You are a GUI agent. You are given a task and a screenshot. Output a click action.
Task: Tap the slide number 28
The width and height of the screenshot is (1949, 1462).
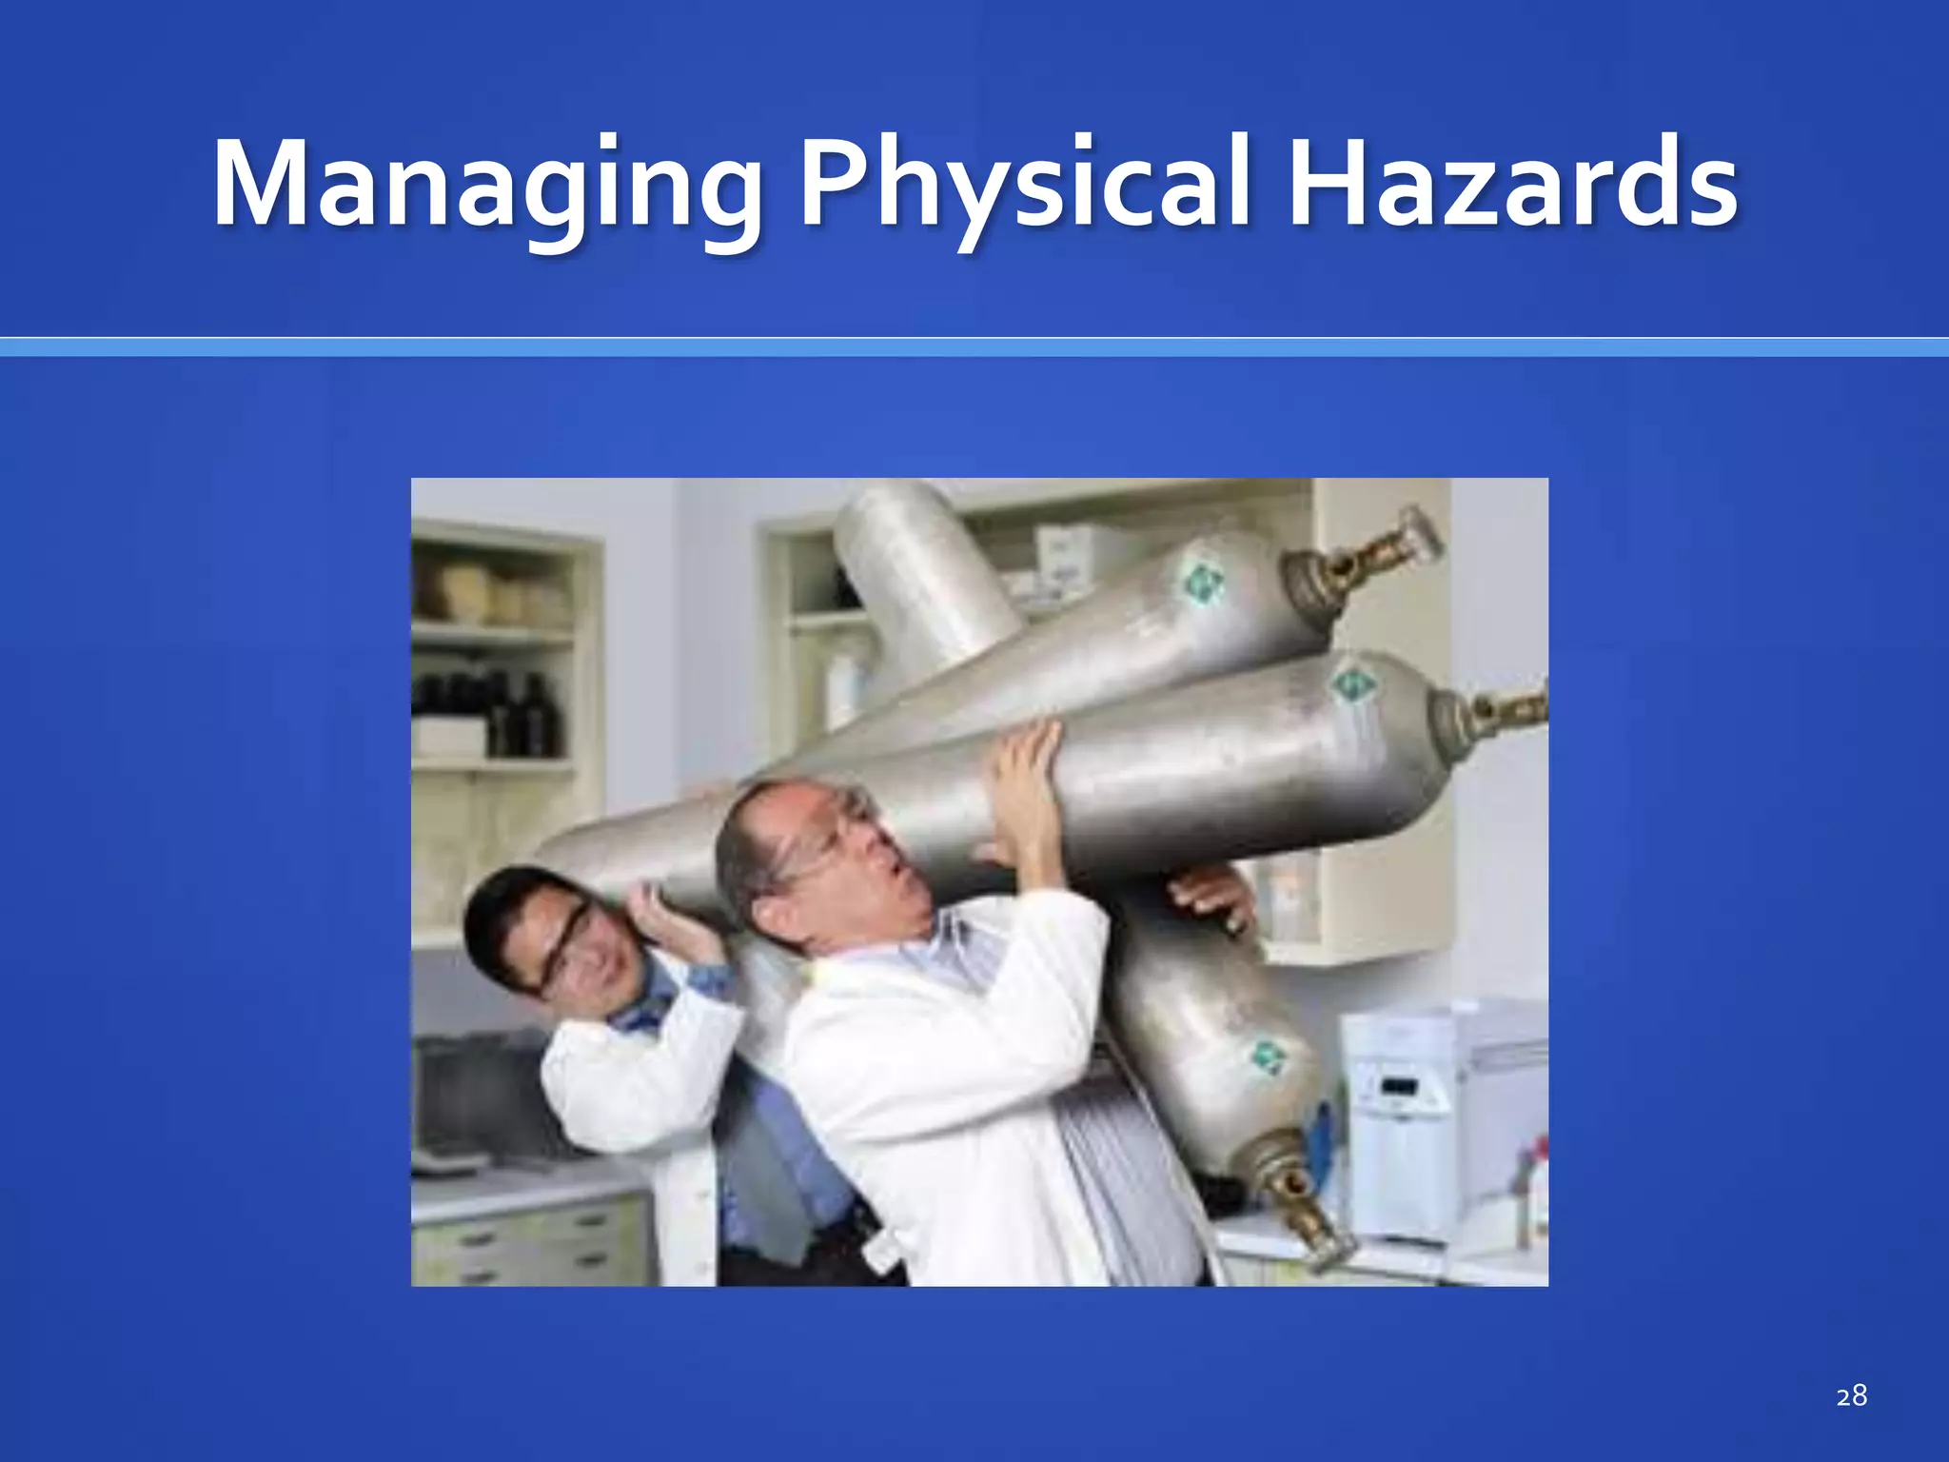[1851, 1396]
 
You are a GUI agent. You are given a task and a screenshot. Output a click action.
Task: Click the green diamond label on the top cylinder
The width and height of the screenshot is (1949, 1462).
[1200, 580]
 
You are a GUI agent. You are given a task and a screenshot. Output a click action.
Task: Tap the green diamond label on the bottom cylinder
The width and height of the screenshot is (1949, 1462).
[1267, 1056]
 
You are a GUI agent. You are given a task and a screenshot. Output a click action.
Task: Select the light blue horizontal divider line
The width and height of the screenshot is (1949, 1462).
[974, 347]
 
